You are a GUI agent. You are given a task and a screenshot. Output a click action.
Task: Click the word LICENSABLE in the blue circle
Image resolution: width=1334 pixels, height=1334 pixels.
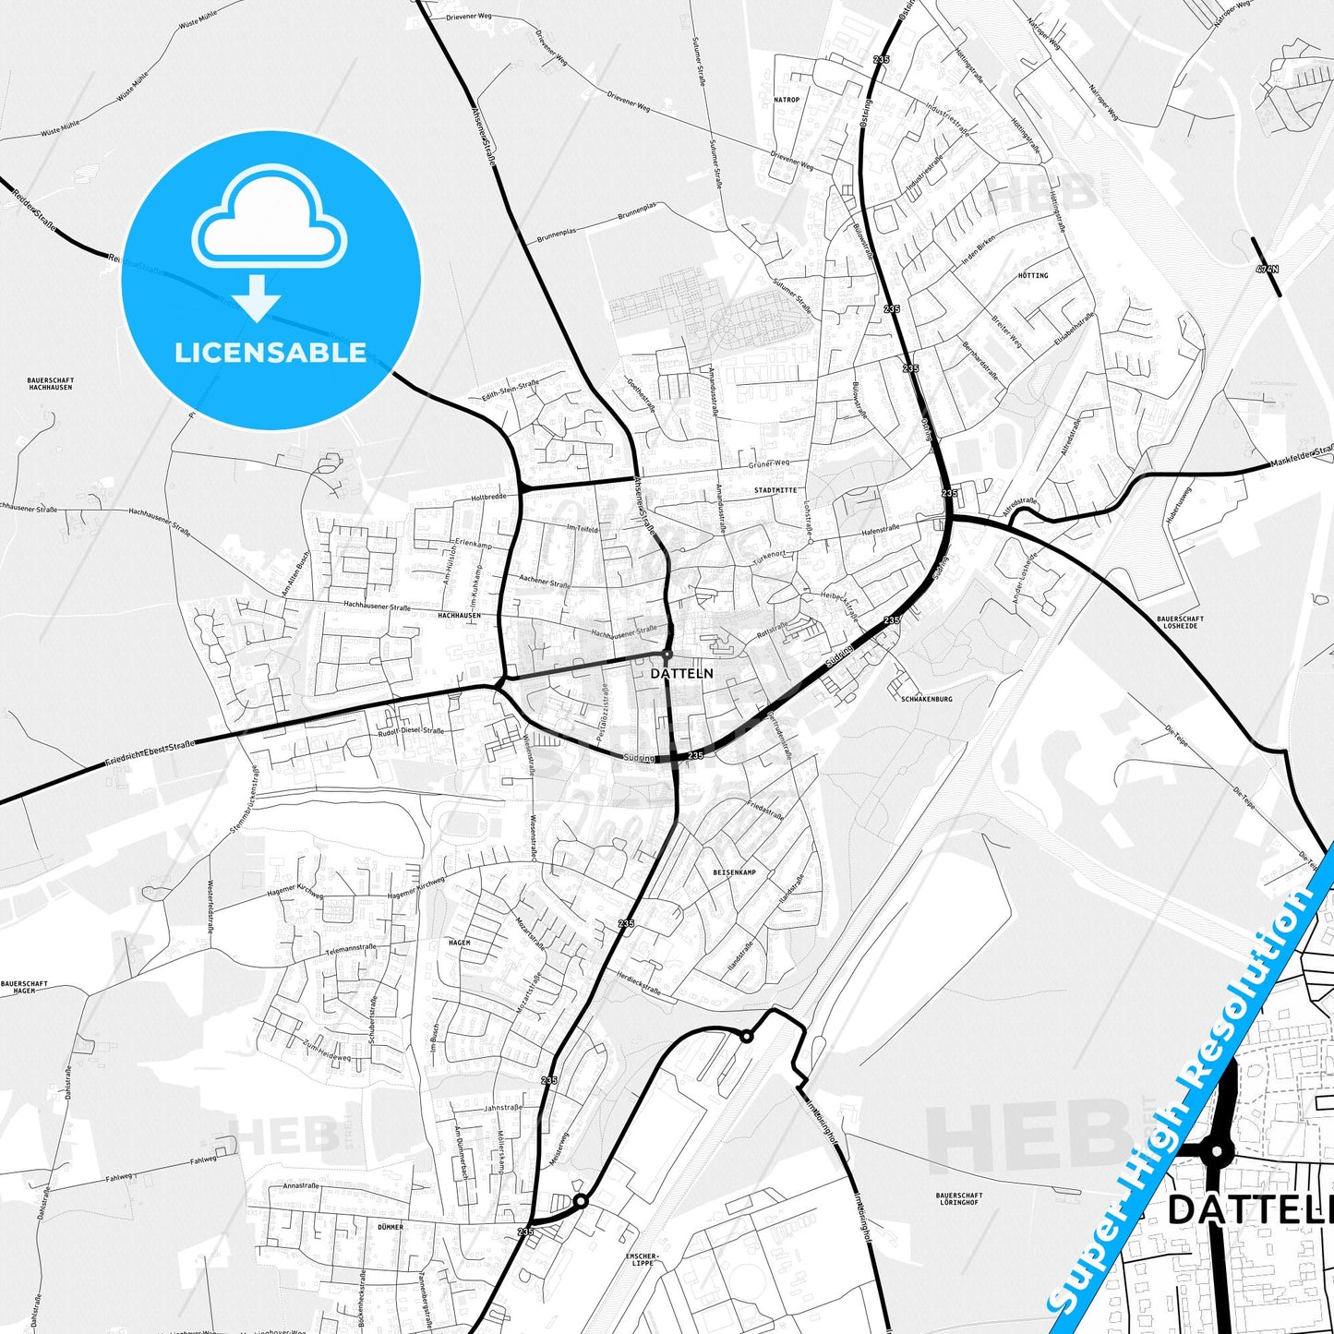270,353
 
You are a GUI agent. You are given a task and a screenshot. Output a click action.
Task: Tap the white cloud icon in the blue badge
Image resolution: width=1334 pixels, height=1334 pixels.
269,220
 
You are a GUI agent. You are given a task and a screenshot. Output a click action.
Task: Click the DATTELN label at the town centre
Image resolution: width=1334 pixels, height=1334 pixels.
681,673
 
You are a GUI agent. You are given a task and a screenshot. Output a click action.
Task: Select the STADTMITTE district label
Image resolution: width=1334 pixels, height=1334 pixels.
775,490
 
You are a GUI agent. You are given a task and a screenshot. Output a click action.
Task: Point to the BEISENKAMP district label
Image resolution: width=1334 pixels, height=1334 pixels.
734,872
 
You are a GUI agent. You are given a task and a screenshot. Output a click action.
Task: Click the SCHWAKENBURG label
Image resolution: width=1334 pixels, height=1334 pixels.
926,699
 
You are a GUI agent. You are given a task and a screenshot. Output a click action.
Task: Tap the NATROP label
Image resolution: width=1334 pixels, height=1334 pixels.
787,100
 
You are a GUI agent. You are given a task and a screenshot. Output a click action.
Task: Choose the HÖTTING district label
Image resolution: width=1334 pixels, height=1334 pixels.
1033,275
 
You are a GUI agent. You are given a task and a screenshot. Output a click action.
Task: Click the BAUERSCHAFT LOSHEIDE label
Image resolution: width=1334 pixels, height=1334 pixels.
1180,622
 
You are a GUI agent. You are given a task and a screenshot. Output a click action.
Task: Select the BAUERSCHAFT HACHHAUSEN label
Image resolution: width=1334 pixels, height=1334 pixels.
50,384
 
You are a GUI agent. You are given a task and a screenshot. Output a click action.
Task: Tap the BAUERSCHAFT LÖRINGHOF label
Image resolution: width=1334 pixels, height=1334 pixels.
959,1199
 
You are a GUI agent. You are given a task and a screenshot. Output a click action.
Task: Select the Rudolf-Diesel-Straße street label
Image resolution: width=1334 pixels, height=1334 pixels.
410,731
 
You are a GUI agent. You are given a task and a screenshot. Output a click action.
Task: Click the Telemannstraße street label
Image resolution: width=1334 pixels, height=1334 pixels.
350,948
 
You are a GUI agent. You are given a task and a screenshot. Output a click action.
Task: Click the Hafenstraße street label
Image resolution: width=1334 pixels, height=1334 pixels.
880,530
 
